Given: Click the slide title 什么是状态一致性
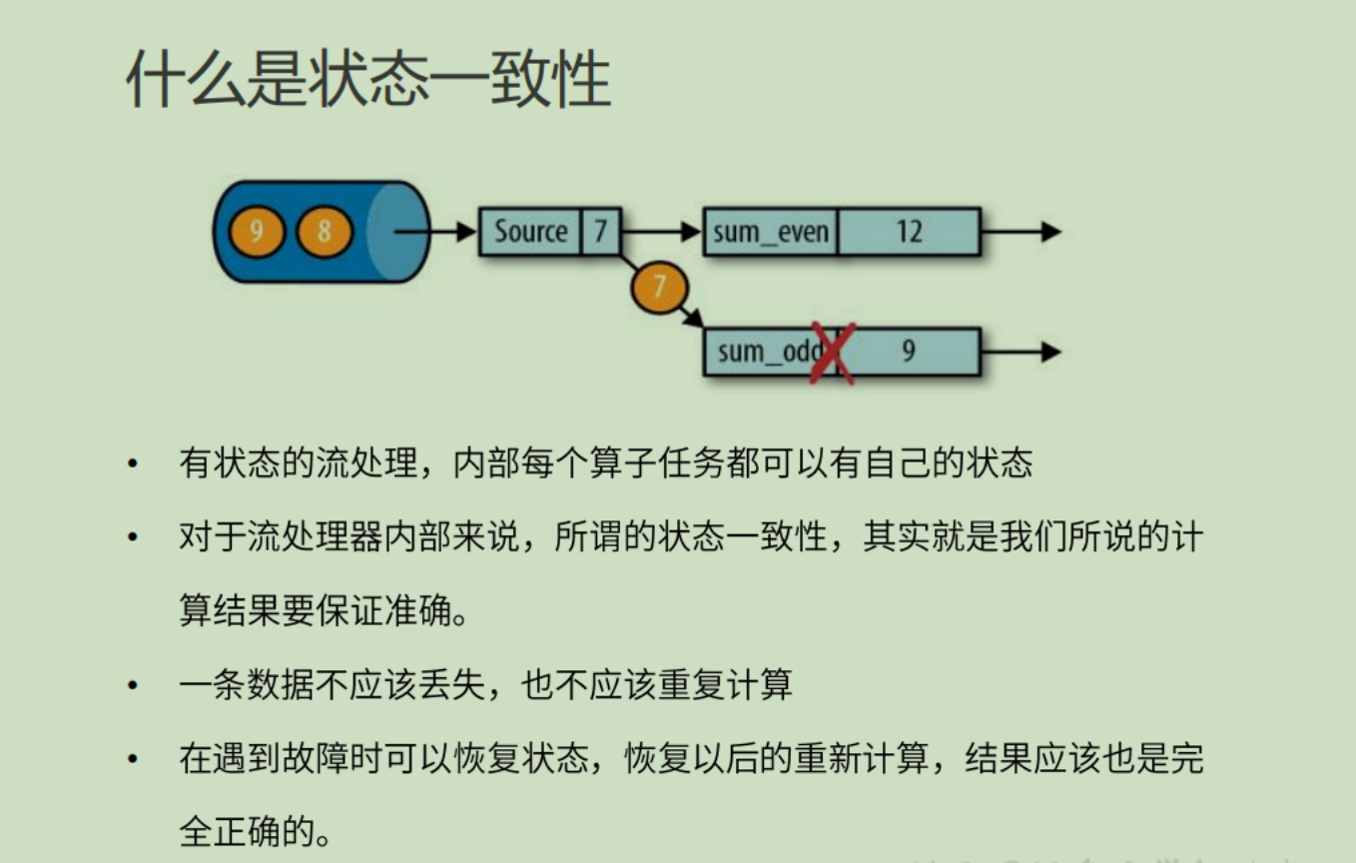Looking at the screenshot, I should (x=367, y=79).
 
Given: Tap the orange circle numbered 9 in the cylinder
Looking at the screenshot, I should (x=257, y=232).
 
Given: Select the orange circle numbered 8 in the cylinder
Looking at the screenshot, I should (x=325, y=232).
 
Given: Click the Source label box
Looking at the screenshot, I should (x=530, y=232).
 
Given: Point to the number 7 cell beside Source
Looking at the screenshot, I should (x=600, y=232).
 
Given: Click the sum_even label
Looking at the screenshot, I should (x=770, y=232).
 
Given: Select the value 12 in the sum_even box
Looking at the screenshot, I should (x=908, y=232).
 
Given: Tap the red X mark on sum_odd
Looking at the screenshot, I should (x=831, y=353).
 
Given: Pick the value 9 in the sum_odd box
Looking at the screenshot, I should (x=908, y=352).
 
